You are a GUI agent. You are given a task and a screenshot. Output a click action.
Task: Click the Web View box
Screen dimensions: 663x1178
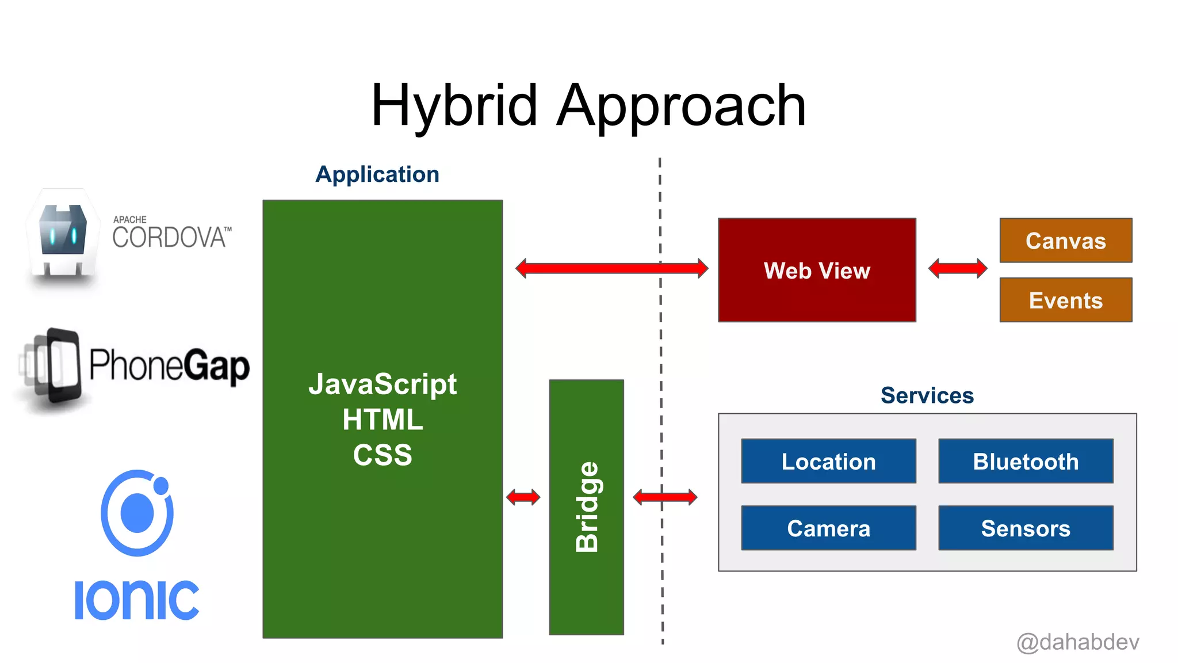pos(817,270)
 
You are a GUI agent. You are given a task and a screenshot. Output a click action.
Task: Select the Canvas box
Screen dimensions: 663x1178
pos(1065,241)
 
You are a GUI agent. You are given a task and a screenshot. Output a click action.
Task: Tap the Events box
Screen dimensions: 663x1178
pos(1065,300)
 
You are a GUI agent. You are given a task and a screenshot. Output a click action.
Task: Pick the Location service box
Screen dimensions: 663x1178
pos(828,461)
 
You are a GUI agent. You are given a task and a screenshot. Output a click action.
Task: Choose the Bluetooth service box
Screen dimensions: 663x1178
pos(1026,461)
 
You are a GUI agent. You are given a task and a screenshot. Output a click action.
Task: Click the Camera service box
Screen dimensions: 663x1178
pos(828,528)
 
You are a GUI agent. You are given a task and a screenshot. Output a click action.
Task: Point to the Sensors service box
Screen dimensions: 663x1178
pos(1026,528)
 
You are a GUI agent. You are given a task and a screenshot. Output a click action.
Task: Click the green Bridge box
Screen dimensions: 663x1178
pos(586,506)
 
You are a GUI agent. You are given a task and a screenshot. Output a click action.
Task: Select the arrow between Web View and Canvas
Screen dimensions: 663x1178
pos(958,268)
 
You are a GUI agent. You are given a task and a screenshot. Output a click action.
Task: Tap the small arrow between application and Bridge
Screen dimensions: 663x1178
pos(523,497)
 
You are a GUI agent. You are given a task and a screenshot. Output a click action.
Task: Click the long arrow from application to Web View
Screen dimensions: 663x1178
pos(611,268)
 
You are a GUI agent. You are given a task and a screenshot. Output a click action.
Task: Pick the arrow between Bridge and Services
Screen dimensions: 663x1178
pos(665,497)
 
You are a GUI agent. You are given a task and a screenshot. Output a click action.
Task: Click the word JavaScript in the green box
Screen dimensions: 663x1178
pos(383,384)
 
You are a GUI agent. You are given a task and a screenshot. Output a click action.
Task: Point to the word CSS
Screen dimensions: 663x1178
pos(383,455)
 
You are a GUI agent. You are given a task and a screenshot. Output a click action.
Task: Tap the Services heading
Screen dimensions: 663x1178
pos(927,395)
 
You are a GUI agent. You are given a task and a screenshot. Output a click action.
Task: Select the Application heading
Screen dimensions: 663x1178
pos(377,174)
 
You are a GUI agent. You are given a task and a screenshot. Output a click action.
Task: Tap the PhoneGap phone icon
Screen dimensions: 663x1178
pos(55,367)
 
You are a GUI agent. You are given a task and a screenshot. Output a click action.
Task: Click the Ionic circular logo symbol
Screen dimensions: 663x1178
pos(137,512)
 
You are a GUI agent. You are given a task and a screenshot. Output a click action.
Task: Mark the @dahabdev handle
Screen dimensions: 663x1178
pos(1077,642)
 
